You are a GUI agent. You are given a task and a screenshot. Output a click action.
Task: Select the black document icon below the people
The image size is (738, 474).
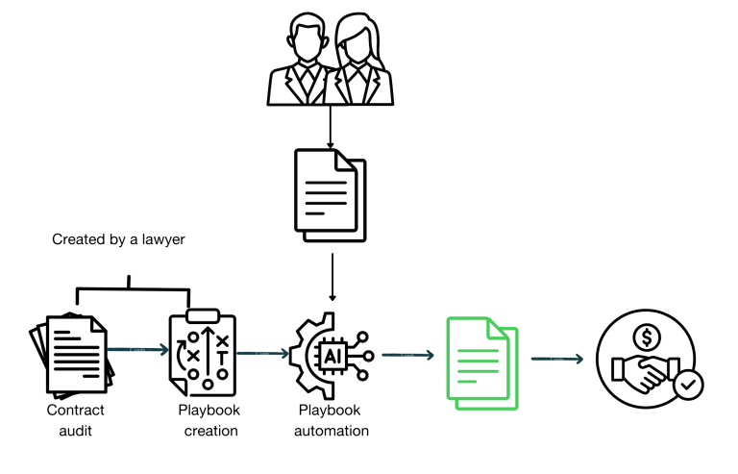coord(330,196)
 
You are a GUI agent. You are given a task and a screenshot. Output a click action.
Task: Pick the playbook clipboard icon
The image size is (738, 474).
coord(202,352)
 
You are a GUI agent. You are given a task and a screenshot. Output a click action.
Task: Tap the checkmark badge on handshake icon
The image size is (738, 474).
coord(689,386)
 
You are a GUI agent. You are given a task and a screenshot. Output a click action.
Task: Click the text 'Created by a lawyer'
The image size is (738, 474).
coord(118,239)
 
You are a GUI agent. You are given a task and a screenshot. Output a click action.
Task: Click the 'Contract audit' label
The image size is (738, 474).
coord(76,420)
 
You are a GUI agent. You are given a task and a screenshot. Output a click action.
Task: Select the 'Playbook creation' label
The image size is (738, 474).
coord(210,420)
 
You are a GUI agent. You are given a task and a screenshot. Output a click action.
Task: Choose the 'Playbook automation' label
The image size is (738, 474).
coord(332,420)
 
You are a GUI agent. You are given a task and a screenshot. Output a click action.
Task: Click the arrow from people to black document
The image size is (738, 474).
coord(330,126)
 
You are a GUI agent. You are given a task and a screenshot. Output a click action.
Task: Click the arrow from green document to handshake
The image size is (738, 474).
coord(557,360)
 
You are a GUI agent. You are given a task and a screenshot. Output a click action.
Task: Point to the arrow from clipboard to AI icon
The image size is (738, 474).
coord(262,353)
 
